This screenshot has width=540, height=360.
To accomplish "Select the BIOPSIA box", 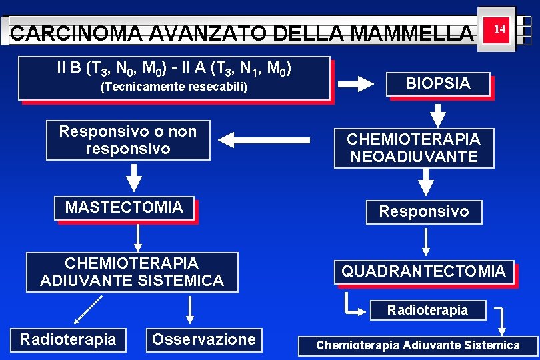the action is coord(439,84).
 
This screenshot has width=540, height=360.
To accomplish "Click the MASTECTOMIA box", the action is coord(124,207).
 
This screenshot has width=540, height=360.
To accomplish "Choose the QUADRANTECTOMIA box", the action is coord(424,271).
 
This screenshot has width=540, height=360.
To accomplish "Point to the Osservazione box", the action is coord(203,339).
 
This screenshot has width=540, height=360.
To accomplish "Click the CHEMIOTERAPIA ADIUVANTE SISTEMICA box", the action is coord(132,272).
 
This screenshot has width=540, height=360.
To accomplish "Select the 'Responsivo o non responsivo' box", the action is coord(128,140).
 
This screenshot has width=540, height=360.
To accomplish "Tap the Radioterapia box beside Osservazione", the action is coord(68,339).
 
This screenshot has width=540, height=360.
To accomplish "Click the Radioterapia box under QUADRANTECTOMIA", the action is coord(428,310).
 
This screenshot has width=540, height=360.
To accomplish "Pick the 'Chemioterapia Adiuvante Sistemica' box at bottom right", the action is coord(418,345).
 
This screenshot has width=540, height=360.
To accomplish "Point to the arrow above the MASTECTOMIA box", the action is coord(135,178).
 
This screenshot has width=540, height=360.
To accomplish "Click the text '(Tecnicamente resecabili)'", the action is coord(173,87).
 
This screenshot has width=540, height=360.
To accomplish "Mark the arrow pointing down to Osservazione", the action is coord(190,310).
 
